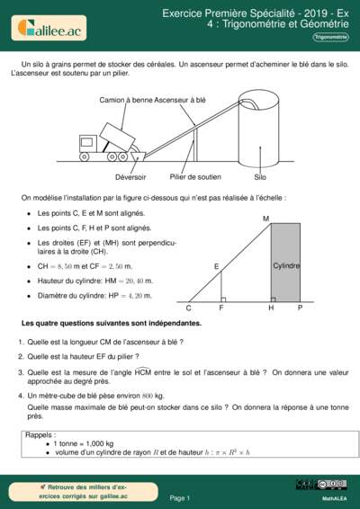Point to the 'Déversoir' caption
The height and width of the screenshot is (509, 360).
(x=106, y=177)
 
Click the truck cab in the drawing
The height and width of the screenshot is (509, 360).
(x=88, y=143)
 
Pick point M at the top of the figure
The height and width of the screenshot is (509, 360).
(x=266, y=219)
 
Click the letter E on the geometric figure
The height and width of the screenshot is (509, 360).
(x=217, y=267)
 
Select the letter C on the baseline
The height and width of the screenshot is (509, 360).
(x=189, y=308)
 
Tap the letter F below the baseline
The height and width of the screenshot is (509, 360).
(x=221, y=308)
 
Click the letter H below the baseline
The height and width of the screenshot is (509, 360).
(x=271, y=308)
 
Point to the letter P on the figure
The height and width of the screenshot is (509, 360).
(x=300, y=308)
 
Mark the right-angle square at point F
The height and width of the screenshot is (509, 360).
(x=223, y=297)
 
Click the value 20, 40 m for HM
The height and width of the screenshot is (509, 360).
(x=132, y=281)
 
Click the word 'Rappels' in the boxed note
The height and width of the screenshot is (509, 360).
(x=40, y=434)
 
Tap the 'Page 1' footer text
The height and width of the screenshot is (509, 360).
(x=180, y=497)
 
